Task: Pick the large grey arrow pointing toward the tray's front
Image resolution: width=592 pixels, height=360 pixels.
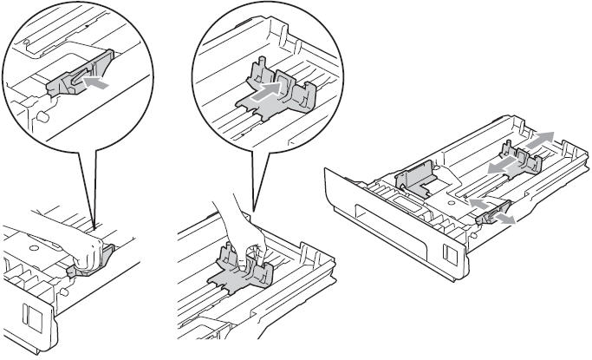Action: point(495,165)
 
